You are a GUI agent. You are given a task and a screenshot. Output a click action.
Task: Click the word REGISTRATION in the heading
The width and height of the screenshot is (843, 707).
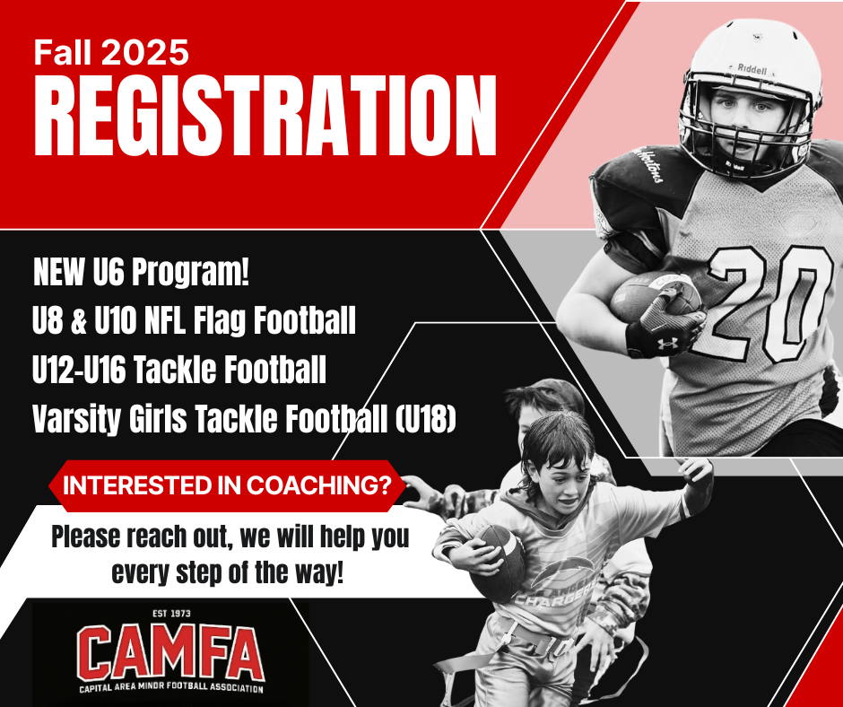coord(265,116)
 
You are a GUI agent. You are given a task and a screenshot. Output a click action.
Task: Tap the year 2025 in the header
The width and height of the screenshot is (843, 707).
coord(144,53)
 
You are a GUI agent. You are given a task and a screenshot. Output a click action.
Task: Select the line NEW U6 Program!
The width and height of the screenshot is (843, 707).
coord(142,272)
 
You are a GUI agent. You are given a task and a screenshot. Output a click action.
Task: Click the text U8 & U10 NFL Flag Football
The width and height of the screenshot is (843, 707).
coord(194,320)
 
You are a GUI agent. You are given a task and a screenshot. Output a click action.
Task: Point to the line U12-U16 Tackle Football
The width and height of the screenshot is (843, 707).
coord(179,370)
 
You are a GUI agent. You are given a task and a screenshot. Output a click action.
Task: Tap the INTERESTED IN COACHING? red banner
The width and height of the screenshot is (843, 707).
coord(228,486)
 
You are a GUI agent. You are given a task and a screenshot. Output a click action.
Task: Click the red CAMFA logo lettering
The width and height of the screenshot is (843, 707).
coord(169,652)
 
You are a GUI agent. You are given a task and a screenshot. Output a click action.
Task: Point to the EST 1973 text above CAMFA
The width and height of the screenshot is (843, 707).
coord(171,614)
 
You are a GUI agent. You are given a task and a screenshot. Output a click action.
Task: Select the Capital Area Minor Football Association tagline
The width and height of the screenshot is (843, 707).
coord(171,687)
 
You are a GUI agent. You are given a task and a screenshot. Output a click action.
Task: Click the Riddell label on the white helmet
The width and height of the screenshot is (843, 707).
coord(752,69)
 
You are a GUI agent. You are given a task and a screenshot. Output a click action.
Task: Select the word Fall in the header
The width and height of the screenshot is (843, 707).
coord(64,53)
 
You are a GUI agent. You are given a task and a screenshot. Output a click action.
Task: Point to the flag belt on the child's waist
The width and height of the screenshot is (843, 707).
coord(532,638)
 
